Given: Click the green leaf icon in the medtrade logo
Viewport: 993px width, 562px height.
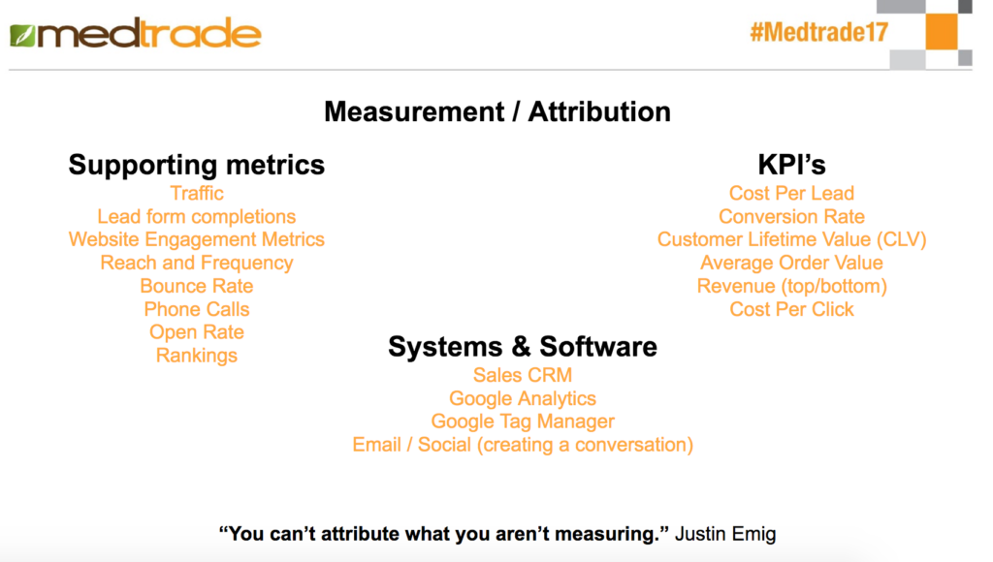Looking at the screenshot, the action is point(22,36).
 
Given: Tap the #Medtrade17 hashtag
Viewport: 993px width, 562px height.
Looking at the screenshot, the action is point(818,32).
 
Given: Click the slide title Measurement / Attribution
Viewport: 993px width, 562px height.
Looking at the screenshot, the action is point(497,112).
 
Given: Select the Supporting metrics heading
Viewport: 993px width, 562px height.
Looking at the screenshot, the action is point(196,165).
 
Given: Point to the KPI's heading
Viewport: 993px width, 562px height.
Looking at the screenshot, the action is point(791,165).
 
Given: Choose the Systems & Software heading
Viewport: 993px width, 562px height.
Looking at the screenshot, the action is point(523,347).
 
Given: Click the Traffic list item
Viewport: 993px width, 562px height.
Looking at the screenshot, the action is point(196,193).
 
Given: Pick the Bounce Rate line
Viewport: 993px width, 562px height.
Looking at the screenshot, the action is point(196,286).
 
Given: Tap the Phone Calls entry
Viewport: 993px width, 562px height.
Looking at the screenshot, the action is point(196,309).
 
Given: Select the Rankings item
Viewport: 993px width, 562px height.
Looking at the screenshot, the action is point(196,356).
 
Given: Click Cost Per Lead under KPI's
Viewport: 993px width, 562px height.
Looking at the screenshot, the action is point(791,193).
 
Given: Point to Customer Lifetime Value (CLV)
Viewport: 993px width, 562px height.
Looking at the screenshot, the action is point(791,240).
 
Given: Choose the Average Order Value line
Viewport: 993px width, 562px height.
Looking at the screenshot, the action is point(791,263).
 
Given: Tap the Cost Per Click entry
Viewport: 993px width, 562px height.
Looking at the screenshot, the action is point(791,309).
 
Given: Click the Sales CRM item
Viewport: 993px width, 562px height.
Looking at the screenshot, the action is point(523,375).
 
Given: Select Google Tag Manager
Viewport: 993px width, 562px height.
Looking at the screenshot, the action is point(523,421).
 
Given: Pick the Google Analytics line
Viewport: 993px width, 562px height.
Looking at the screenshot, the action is point(523,398).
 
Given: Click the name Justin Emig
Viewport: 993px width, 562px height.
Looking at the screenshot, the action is point(725,534).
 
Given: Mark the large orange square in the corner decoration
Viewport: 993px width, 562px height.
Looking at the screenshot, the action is point(942,32).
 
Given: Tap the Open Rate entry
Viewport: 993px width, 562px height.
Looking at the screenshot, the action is point(196,333).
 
